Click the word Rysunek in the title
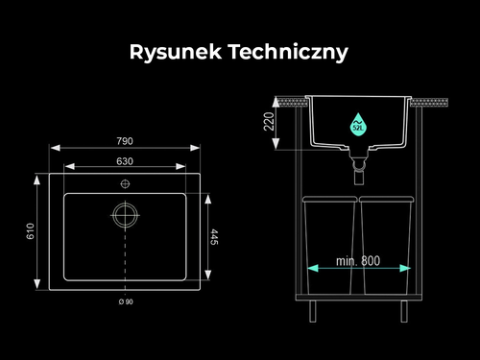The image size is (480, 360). tap(176, 52)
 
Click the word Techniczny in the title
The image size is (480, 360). tap(288, 52)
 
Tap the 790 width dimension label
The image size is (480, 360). tap(125, 141)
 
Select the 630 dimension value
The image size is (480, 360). tap(125, 161)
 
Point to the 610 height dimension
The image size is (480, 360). tap(30, 231)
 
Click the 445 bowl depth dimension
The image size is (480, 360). tap(214, 237)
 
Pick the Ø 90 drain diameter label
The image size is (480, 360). tap(126, 301)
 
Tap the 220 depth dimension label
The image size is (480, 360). tap(269, 121)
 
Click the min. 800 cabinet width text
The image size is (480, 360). tap(358, 261)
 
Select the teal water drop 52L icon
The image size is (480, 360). tap(358, 124)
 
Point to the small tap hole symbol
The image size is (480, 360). tap(125, 184)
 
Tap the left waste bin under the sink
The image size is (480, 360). tap(329, 246)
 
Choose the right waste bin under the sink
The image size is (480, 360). tap(386, 246)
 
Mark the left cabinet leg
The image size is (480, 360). tap(313, 311)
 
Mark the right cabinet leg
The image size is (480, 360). tap(404, 311)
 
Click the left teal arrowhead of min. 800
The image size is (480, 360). tap(313, 268)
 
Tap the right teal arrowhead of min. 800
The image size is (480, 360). tap(405, 268)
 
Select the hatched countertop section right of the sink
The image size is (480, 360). tap(429, 103)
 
